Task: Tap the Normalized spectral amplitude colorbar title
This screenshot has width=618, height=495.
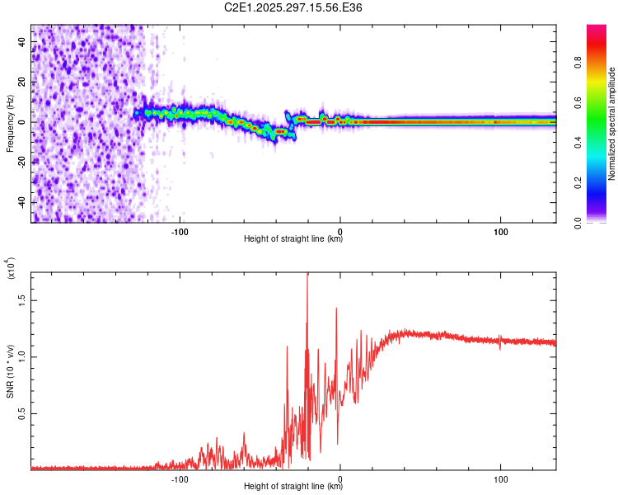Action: tap(611, 124)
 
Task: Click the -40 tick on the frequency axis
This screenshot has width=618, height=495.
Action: tap(21, 202)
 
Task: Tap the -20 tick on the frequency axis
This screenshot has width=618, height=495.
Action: tap(21, 163)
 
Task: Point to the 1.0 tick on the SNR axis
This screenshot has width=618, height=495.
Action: tap(23, 357)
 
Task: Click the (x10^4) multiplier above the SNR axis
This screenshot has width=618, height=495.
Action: tap(10, 269)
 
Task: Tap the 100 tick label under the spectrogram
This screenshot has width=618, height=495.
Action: tap(500, 231)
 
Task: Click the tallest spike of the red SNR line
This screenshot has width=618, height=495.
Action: tap(307, 275)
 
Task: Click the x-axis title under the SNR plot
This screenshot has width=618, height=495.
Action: tap(293, 487)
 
